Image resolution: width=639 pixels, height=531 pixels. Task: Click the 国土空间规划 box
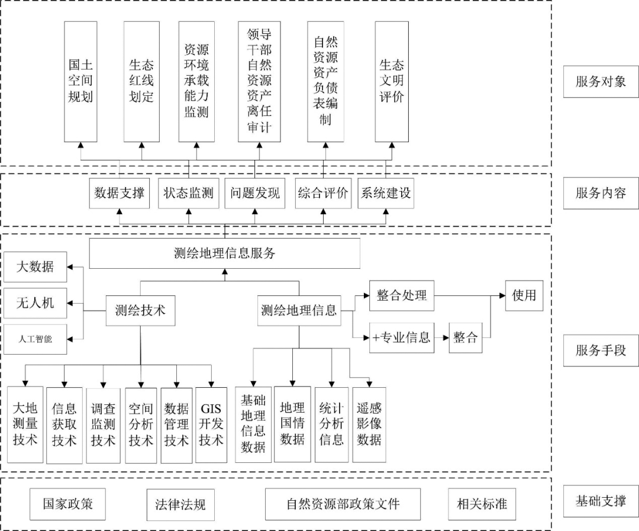(x=80, y=82)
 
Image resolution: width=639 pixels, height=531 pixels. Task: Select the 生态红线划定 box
(x=141, y=82)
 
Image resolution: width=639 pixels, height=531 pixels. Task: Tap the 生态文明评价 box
(x=392, y=82)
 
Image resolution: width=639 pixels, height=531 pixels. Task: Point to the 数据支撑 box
(x=120, y=193)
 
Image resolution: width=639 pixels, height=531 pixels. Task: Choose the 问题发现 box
(x=255, y=193)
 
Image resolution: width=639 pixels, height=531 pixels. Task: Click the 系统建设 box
(x=386, y=193)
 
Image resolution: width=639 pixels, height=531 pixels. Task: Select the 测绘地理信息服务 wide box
(x=225, y=253)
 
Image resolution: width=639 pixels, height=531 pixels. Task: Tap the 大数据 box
(x=35, y=266)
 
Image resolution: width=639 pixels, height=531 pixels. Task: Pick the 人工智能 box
(x=35, y=339)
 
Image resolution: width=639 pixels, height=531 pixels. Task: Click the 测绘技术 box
(x=140, y=310)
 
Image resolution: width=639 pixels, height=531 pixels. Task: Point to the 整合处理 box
(x=402, y=295)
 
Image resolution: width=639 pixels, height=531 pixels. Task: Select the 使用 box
(x=524, y=295)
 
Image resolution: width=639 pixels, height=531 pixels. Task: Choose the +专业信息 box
(x=402, y=338)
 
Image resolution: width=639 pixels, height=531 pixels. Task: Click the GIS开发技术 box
(x=211, y=424)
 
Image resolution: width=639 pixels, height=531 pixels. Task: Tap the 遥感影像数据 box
(x=369, y=424)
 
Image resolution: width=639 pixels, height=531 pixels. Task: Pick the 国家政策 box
(x=67, y=504)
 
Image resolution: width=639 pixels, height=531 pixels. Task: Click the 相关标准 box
(x=477, y=504)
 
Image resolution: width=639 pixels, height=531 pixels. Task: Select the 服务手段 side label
(x=601, y=350)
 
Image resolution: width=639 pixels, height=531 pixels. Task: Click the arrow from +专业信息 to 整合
(x=441, y=338)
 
